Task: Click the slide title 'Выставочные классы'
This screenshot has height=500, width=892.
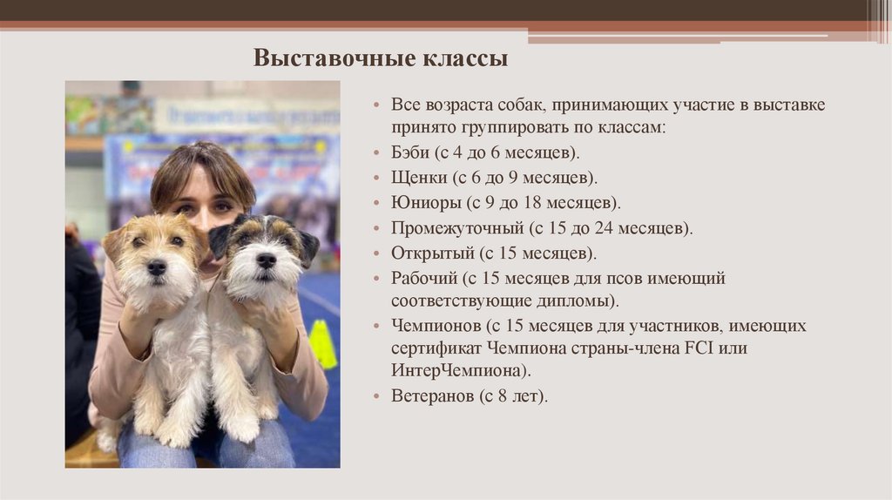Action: point(380,59)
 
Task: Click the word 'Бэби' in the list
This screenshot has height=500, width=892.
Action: point(410,152)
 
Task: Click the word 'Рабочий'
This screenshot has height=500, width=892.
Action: point(422,279)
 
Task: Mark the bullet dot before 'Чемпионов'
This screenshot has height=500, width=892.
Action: point(376,327)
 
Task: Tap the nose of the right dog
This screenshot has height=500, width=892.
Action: point(266,260)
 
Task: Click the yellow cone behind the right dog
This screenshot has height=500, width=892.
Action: point(322,343)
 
